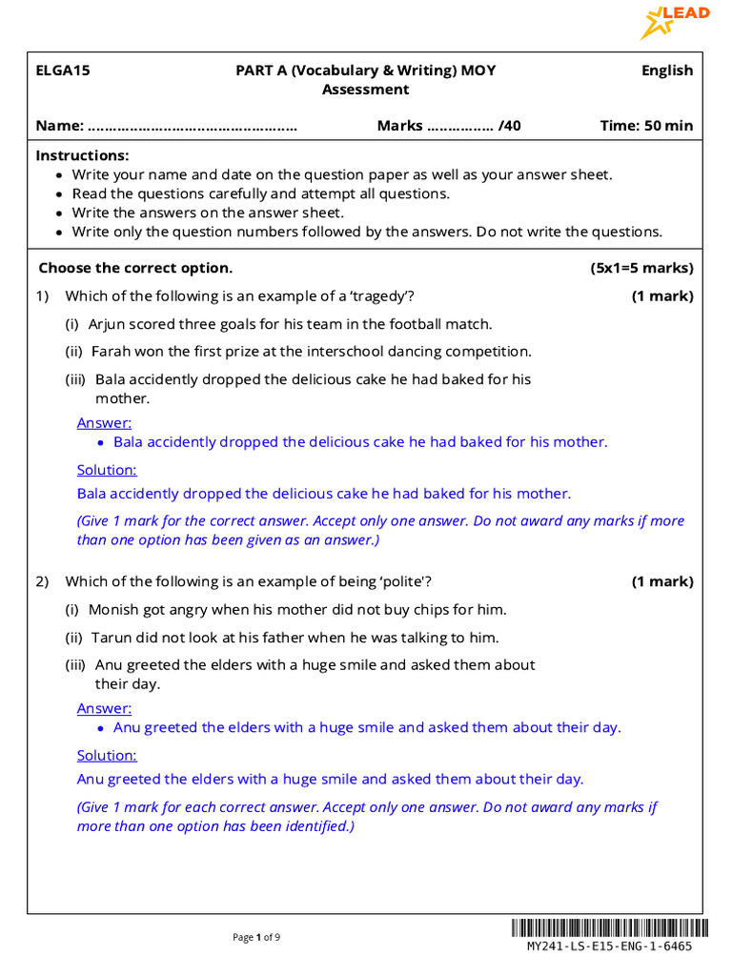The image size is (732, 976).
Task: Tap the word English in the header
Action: tap(666, 71)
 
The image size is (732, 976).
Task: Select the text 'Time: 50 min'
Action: tap(646, 126)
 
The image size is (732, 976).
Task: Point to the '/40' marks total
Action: tap(510, 126)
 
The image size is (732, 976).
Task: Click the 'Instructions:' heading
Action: tap(82, 155)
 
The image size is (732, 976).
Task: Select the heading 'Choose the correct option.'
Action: tap(135, 268)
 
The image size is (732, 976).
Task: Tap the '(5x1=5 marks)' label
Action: tap(641, 268)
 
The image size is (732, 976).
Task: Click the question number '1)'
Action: tap(42, 296)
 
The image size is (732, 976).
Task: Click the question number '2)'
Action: tap(42, 581)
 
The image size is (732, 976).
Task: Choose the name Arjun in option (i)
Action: tap(108, 324)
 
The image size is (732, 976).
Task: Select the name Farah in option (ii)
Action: tap(112, 352)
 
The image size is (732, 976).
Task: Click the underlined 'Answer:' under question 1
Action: tap(104, 423)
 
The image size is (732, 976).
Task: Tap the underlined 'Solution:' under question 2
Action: tap(107, 756)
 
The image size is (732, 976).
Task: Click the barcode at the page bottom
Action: tap(609, 927)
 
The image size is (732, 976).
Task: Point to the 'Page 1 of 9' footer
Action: tap(256, 938)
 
